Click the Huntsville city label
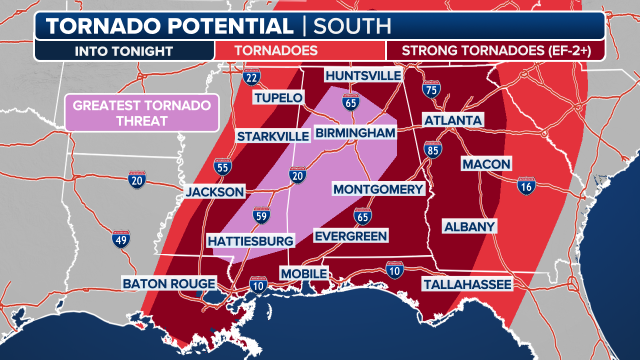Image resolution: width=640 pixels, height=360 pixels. coord(363,76)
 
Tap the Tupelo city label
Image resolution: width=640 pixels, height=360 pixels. coord(278,98)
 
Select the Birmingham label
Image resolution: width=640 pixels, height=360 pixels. coord(355,133)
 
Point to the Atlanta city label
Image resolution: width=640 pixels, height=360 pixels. coord(453,120)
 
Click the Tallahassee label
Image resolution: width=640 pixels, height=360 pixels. coord(467,284)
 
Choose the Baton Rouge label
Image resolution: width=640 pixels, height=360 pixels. coord(169,284)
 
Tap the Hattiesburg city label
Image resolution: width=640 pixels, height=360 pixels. coord(250,241)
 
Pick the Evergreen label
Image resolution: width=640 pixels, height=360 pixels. coord(351,236)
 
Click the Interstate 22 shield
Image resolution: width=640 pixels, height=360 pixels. coord(251,77)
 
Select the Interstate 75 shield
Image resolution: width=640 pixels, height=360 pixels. coord(431,89)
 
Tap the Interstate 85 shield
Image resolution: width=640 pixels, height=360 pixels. coord(433,150)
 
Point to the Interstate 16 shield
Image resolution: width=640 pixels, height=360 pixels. coord(526,186)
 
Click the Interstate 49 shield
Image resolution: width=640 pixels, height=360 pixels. coord(121,239)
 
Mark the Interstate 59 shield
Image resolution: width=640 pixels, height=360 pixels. coord(261,216)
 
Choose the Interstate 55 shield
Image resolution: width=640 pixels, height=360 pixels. coord(223,167)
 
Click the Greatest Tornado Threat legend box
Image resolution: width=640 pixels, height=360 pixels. coord(142,113)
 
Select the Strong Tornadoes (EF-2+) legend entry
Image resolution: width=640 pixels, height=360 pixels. coord(496,51)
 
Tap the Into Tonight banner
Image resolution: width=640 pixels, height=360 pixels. coord(124,51)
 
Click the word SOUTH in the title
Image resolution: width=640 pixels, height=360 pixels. coord(352,26)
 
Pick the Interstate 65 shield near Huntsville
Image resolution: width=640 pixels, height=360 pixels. coord(351,102)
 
